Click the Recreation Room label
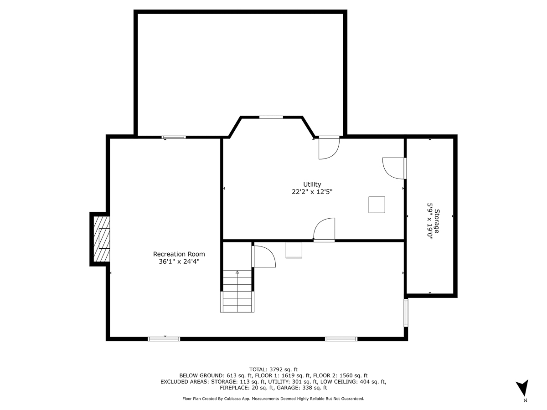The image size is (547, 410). coord(179,254)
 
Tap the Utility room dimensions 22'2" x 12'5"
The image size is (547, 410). coord(312,192)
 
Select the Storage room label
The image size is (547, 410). coord(437,221)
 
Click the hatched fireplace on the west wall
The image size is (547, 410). coord(102,239)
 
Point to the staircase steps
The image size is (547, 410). coord(237,291)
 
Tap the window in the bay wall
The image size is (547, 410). coord(271,117)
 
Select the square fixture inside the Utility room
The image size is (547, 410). coord(377,205)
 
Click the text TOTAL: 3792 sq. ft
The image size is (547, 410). coord(273,369)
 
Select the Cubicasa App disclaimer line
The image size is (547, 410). coord(273,399)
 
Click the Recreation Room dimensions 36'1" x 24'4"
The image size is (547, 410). coord(179,261)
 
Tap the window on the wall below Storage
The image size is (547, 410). coord(406,313)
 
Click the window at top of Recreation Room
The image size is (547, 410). coord(174,137)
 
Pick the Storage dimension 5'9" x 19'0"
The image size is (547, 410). coord(429,221)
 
